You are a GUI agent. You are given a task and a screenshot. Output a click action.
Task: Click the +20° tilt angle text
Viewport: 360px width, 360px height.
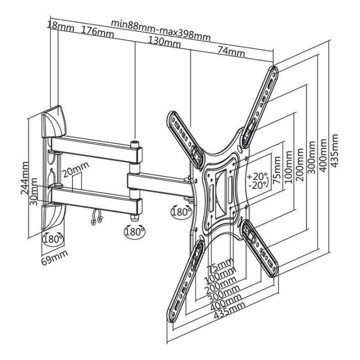(257, 176)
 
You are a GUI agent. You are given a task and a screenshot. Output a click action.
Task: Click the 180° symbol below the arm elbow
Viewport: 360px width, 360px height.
(133, 231)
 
